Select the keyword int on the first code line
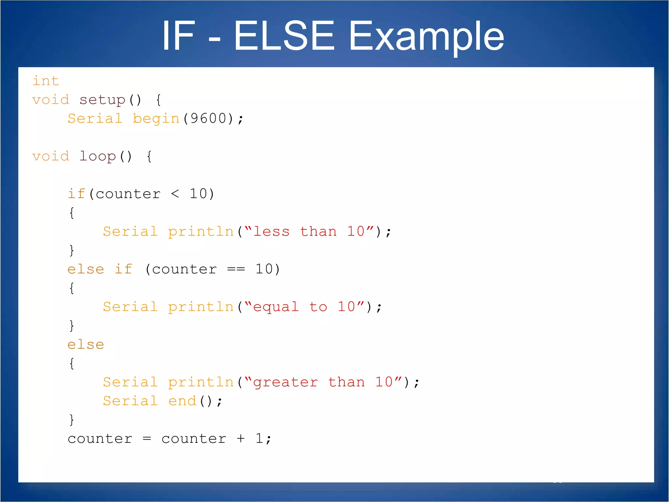tap(46, 81)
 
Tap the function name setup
tap(102, 100)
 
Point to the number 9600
tap(208, 119)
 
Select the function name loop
tap(97, 157)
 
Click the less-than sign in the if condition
tap(175, 194)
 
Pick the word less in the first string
tap(271, 232)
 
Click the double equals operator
tap(236, 269)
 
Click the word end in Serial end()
tap(182, 401)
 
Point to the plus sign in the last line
tap(241, 439)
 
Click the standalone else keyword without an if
tap(86, 344)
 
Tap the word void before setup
tap(51, 100)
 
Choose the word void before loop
tap(51, 157)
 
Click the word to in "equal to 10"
tap(318, 307)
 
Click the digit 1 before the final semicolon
tap(259, 439)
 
